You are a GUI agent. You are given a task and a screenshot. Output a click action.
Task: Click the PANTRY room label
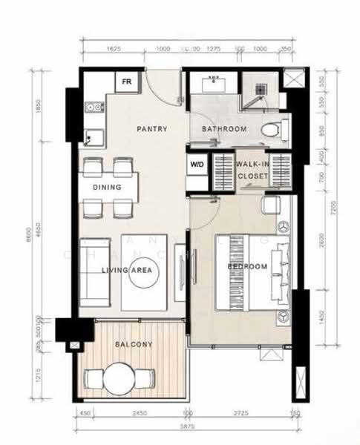tap(151, 129)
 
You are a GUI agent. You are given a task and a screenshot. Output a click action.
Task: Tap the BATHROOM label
tap(224, 129)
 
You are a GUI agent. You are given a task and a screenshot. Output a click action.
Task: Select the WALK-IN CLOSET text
tap(254, 170)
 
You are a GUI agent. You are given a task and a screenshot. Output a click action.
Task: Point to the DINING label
tap(107, 188)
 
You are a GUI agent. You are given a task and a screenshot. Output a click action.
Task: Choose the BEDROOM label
tap(246, 266)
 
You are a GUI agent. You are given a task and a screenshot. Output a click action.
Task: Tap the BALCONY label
tap(134, 344)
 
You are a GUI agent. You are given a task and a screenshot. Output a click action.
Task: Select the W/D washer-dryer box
tap(197, 165)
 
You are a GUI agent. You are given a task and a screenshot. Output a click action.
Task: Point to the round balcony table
tap(120, 379)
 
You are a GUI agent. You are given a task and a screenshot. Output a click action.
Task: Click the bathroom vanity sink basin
tap(217, 83)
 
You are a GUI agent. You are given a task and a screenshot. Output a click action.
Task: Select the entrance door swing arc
tap(160, 87)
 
